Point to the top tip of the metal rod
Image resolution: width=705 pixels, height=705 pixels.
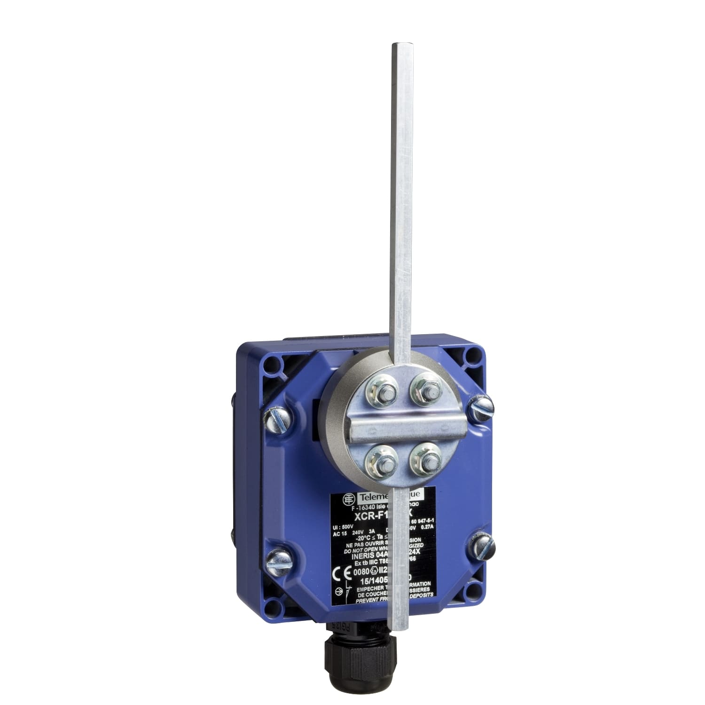click(399, 45)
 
